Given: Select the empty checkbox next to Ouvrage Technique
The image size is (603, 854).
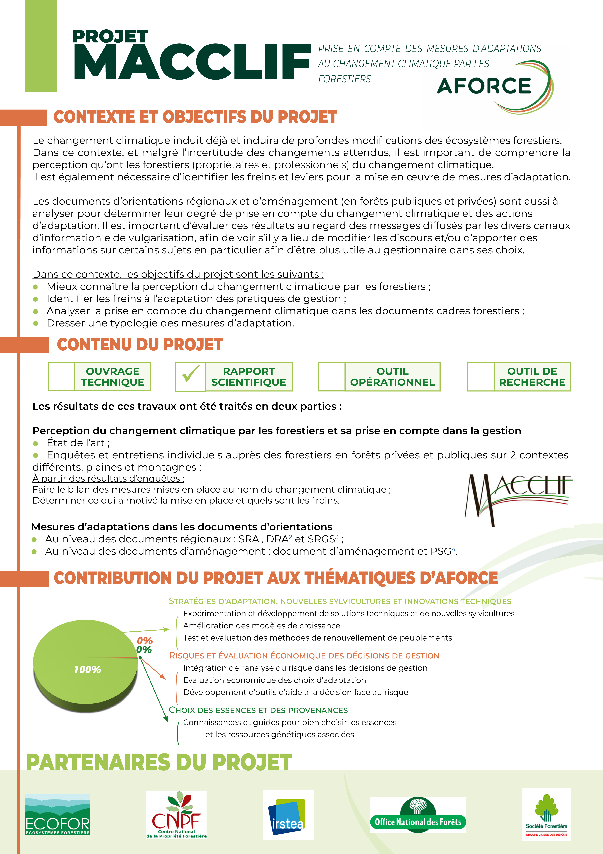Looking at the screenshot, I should pos(61,376).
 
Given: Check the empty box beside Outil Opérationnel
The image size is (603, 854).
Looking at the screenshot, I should pos(332,376).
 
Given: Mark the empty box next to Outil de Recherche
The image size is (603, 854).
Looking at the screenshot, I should pos(481,376).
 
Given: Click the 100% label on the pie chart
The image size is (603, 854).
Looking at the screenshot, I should pos(87,670).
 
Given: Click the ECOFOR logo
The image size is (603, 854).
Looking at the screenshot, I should pos(58,815).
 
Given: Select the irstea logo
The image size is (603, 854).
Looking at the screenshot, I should pos(288,815).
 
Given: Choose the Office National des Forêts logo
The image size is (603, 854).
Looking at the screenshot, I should pos(418,815).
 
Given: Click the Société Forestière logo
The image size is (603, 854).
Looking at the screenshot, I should pos(546,815).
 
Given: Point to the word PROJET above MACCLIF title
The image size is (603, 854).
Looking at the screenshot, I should pos(110,36).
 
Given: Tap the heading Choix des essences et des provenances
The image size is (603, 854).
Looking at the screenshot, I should pos(258,710).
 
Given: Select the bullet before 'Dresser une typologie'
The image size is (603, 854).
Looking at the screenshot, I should pos(36,323).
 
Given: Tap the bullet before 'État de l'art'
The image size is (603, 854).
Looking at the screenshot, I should pos(36,443).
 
